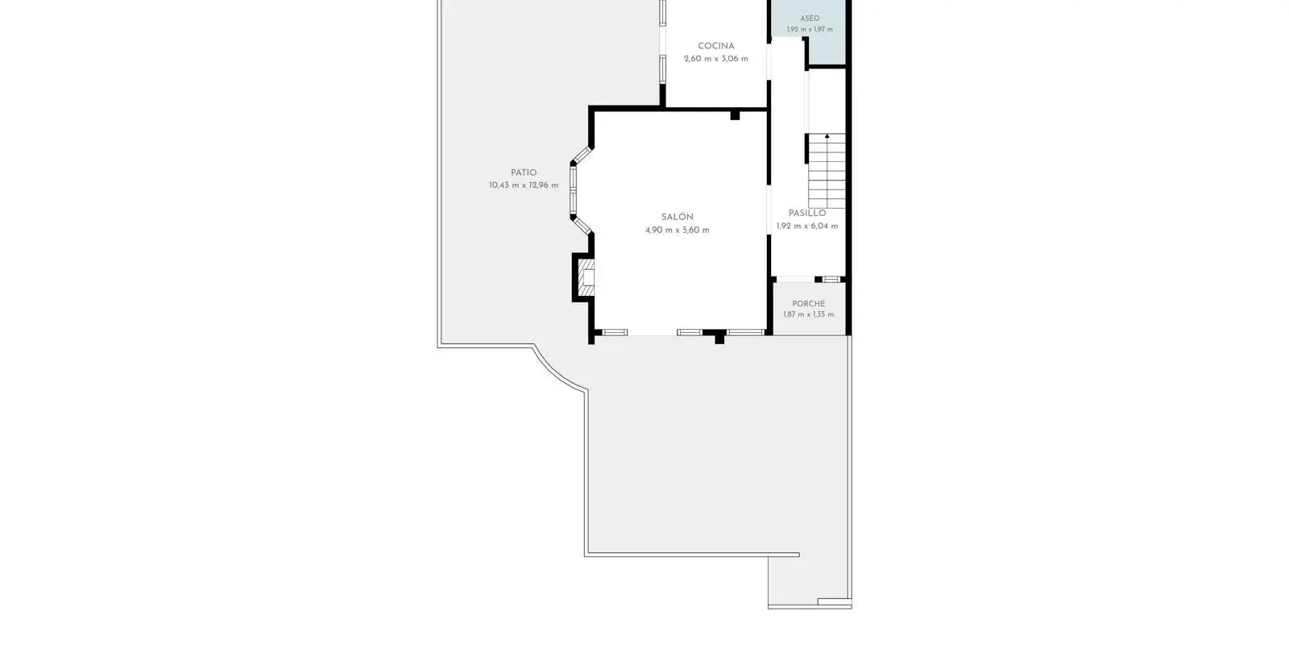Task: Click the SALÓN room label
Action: pyautogui.click(x=678, y=217)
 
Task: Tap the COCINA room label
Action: pyautogui.click(x=716, y=46)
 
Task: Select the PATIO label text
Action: pyautogui.click(x=524, y=173)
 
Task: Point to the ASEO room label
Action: pyautogui.click(x=810, y=19)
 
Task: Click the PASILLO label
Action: pyautogui.click(x=807, y=213)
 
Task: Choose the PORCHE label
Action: pyautogui.click(x=809, y=303)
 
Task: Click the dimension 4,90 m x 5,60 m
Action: pyautogui.click(x=678, y=231)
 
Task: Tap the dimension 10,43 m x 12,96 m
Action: pyautogui.click(x=524, y=185)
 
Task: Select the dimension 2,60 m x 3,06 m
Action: pyautogui.click(x=716, y=59)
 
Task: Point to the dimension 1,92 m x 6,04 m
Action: pyautogui.click(x=807, y=227)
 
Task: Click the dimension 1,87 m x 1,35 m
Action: pyautogui.click(x=809, y=314)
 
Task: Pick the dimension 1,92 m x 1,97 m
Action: pyautogui.click(x=810, y=29)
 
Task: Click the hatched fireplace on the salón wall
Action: pyautogui.click(x=586, y=277)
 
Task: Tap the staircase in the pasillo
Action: pyautogui.click(x=827, y=171)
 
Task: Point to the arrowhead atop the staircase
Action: pyautogui.click(x=827, y=136)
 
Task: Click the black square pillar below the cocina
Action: pyautogui.click(x=735, y=116)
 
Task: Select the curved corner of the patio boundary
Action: pyautogui.click(x=556, y=372)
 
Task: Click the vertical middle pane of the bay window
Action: pyautogui.click(x=573, y=190)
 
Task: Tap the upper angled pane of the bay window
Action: pyautogui.click(x=582, y=155)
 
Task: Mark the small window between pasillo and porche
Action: pyautogui.click(x=831, y=279)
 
